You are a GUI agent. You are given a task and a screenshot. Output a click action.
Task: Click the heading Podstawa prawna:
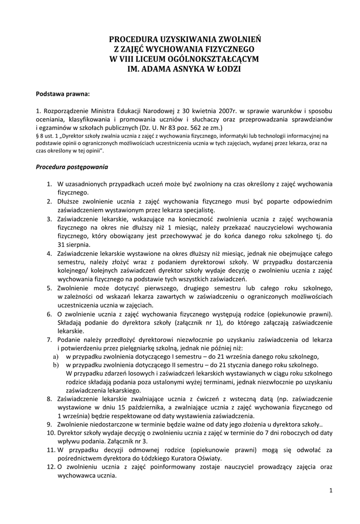(x=62, y=94)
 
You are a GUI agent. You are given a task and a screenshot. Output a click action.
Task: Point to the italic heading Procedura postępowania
(x=72, y=166)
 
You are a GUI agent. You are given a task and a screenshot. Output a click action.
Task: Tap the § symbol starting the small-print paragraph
(x=37, y=136)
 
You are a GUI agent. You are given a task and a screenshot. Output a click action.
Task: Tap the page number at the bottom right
(x=331, y=491)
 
